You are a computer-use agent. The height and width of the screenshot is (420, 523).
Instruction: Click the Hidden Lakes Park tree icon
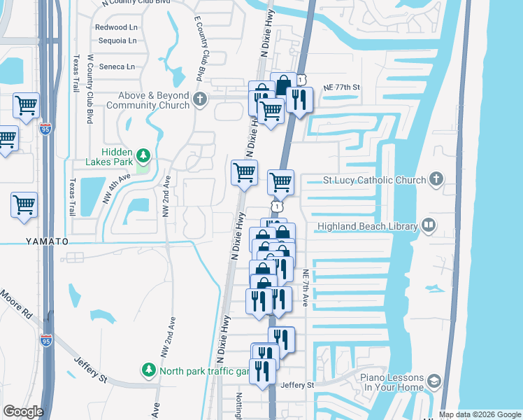point(143,155)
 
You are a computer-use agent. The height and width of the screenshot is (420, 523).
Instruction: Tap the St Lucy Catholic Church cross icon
point(436,179)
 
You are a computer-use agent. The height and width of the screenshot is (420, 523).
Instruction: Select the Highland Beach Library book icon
point(428,225)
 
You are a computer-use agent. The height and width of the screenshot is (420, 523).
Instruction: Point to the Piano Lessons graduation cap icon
point(434,381)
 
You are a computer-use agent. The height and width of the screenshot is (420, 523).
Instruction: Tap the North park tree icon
point(148,369)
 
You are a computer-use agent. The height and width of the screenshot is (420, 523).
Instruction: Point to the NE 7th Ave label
point(306,287)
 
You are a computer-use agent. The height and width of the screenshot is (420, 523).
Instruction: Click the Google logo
point(23,411)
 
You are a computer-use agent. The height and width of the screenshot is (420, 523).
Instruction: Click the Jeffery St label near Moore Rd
point(91,368)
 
